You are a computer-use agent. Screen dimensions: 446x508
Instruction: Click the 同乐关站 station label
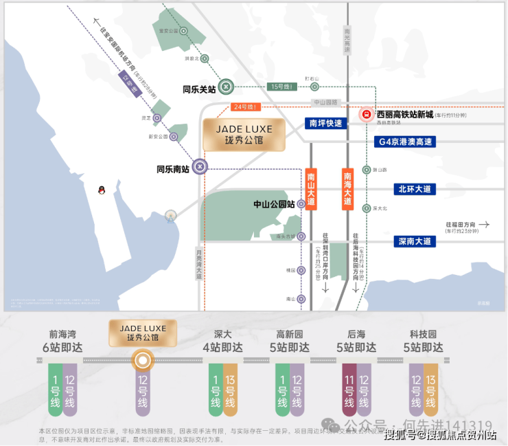coord(199,89)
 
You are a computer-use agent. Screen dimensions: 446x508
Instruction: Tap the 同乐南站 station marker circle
coord(199,167)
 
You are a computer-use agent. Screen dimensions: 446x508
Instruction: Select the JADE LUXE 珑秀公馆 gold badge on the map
coord(238,135)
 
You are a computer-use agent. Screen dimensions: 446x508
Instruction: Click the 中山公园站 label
coord(274,204)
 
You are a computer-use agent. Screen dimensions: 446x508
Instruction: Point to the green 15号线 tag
coord(283,87)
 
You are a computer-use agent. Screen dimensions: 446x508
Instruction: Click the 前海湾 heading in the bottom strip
coord(61,334)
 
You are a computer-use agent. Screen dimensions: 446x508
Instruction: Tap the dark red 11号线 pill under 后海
coord(349,390)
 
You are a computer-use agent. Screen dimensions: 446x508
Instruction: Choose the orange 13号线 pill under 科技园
coord(430,390)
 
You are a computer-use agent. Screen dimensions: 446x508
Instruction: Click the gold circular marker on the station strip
coord(142,359)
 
